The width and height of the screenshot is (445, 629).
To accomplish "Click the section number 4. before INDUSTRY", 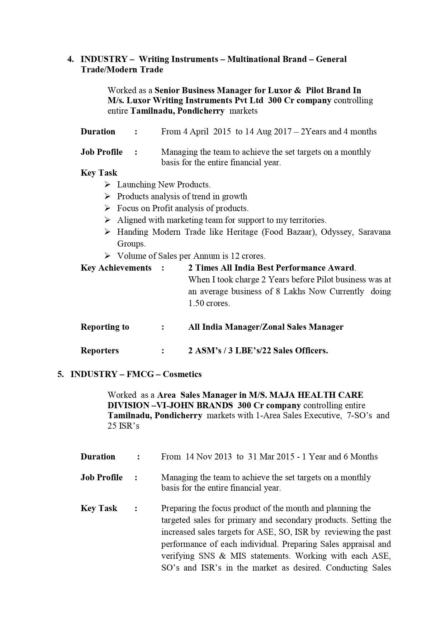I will click(x=71, y=59).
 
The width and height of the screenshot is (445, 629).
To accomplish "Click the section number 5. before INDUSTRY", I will click(x=61, y=374).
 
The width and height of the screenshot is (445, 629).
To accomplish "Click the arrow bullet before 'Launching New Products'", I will click(x=108, y=185).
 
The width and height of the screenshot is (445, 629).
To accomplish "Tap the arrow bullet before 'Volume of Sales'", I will click(x=108, y=256).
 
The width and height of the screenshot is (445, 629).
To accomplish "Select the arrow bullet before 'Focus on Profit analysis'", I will click(x=108, y=208).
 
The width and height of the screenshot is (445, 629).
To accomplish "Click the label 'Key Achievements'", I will click(x=116, y=268).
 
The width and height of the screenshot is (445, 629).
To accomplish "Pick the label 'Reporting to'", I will click(x=105, y=327).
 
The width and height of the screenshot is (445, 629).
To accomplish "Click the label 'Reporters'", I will click(x=100, y=351).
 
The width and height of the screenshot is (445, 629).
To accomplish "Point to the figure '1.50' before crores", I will click(x=196, y=303).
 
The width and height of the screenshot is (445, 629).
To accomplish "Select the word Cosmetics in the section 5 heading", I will click(x=182, y=374).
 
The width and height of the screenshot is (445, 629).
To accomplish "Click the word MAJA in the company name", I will click(x=280, y=395).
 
